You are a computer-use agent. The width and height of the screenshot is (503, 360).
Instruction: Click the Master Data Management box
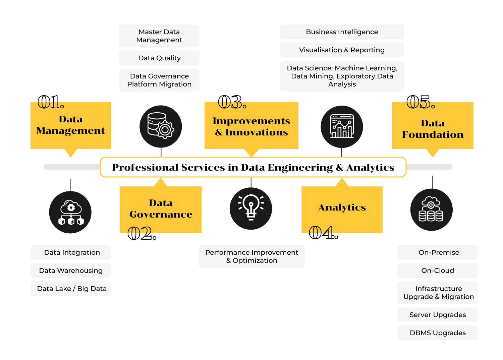159,36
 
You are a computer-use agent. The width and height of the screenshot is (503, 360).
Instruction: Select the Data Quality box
159,58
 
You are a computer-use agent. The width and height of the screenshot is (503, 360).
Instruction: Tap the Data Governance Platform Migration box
159,80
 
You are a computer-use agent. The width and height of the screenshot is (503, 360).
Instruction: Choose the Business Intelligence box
342,32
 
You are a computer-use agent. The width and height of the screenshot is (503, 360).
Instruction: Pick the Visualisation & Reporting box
342,50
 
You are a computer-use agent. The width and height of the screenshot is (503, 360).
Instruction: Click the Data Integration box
71,252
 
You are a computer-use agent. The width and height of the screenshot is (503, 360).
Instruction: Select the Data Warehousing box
71,271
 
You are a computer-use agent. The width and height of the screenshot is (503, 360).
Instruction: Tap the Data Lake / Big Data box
71,289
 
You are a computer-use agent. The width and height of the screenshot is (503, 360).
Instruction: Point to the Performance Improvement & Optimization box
251,256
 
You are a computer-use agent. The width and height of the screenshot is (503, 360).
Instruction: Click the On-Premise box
438,252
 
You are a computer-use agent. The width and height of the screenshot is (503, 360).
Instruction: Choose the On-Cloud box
438,271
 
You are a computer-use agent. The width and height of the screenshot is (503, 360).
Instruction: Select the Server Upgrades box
438,315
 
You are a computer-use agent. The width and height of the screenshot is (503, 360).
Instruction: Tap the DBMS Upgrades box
438,333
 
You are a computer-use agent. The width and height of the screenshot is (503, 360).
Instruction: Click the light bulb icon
251,208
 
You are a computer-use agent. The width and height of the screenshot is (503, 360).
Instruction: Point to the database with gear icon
161,126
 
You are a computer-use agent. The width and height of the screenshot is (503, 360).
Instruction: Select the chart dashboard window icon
342,126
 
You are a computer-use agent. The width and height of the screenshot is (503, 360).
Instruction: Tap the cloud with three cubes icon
70,212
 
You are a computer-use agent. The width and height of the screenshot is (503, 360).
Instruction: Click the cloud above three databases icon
431,209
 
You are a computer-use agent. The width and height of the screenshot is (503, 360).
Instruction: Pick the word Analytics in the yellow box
342,207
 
